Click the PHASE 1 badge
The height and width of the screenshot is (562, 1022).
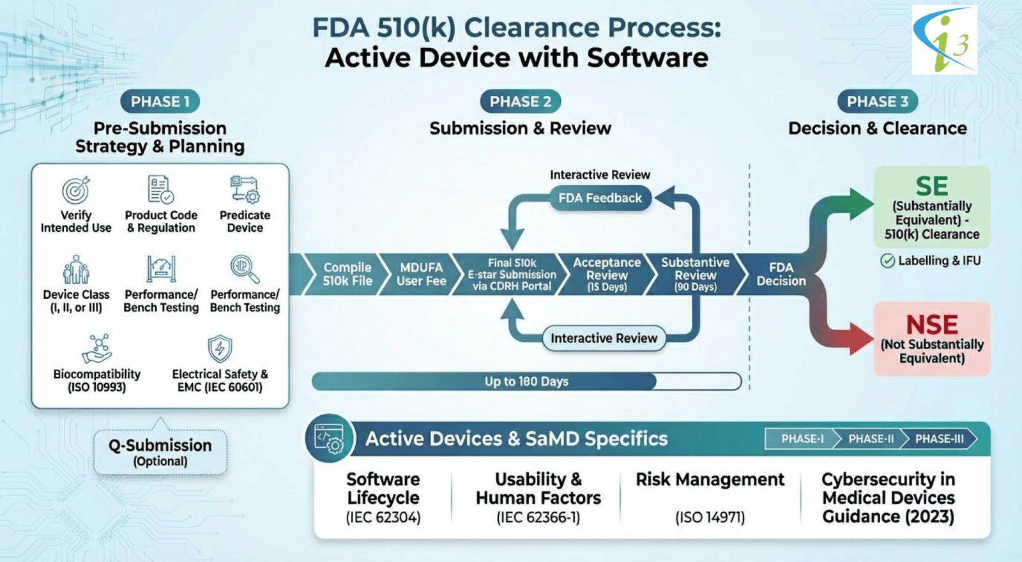pos(160,102)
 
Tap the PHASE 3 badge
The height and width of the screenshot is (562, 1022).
pos(877,102)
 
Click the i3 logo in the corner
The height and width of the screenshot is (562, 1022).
pos(944,40)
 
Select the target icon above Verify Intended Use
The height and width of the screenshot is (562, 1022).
pos(76,190)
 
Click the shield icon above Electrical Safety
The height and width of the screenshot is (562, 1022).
pos(220,349)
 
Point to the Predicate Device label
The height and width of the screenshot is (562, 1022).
pos(245,222)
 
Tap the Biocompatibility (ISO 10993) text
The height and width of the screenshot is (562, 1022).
pos(96,381)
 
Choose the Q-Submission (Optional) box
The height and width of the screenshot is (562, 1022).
pos(160,452)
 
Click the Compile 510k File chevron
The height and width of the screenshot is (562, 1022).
pos(346,274)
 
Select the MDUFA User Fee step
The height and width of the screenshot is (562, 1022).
pos(421,274)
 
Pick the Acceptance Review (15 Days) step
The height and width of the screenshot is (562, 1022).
pos(607,274)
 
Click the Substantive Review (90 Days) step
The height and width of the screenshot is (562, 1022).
pos(695,274)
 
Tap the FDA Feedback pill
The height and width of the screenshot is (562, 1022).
pos(600,198)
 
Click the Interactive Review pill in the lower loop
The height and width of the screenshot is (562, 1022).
pos(604,338)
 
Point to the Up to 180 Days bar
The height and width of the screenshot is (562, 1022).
pos(526,381)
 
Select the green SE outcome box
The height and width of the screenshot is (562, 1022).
pos(931,208)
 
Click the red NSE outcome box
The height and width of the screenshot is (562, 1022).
pos(931,338)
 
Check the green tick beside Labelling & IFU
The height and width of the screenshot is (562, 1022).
pos(887,261)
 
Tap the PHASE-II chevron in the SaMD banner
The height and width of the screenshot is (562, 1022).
pos(871,439)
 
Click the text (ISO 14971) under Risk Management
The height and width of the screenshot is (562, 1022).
pos(710,517)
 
